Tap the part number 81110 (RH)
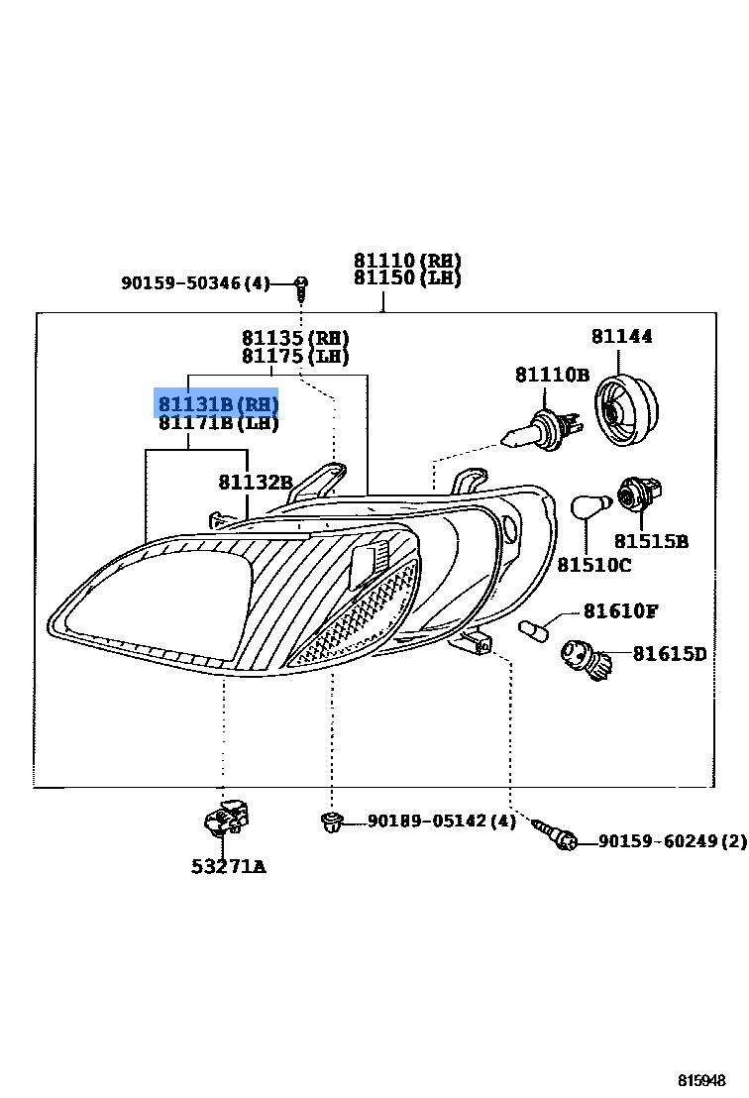pyautogui.click(x=407, y=261)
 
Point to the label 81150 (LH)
pyautogui.click(x=407, y=277)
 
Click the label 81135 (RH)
pyautogui.click(x=295, y=338)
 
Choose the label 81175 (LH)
pyautogui.click(x=295, y=356)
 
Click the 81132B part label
pyautogui.click(x=256, y=483)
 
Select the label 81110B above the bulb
pyautogui.click(x=552, y=375)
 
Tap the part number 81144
pyautogui.click(x=622, y=337)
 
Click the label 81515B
pyautogui.click(x=651, y=542)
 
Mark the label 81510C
pyautogui.click(x=593, y=565)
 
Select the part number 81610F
pyautogui.click(x=620, y=611)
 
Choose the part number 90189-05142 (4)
pyautogui.click(x=441, y=822)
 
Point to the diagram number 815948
pyautogui.click(x=701, y=1080)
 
